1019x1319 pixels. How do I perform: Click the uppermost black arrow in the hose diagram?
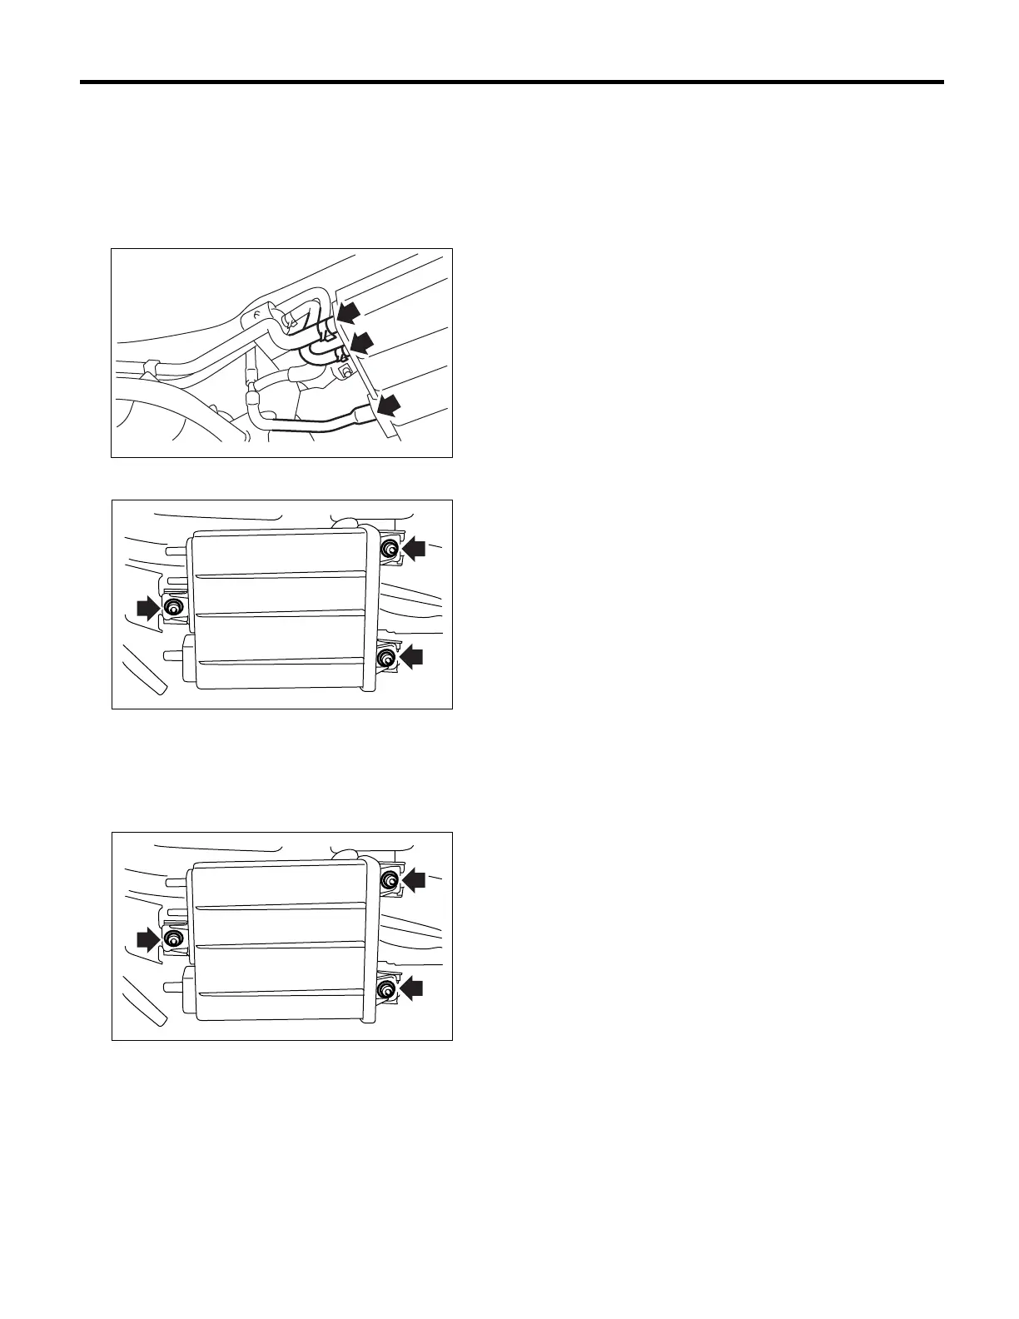pyautogui.click(x=350, y=313)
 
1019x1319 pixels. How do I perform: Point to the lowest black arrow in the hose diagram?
pyautogui.click(x=386, y=406)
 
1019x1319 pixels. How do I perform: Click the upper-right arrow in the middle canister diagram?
pyautogui.click(x=413, y=548)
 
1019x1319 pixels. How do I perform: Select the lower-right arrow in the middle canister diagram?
pyautogui.click(x=411, y=657)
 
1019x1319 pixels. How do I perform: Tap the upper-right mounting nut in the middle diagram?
pyautogui.click(x=389, y=548)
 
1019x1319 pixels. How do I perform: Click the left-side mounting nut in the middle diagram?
pyautogui.click(x=173, y=608)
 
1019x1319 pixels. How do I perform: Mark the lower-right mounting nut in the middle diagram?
pyautogui.click(x=386, y=658)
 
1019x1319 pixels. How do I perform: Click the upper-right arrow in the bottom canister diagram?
pyautogui.click(x=413, y=879)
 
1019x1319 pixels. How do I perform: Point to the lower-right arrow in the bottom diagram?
pyautogui.click(x=411, y=988)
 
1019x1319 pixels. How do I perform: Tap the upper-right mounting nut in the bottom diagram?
pyautogui.click(x=389, y=879)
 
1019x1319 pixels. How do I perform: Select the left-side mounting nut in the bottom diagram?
pyautogui.click(x=173, y=939)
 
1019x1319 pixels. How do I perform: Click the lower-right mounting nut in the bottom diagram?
pyautogui.click(x=386, y=989)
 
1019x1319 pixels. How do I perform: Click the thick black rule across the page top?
pyautogui.click(x=511, y=82)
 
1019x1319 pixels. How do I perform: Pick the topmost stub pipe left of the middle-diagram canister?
pyautogui.click(x=176, y=550)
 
